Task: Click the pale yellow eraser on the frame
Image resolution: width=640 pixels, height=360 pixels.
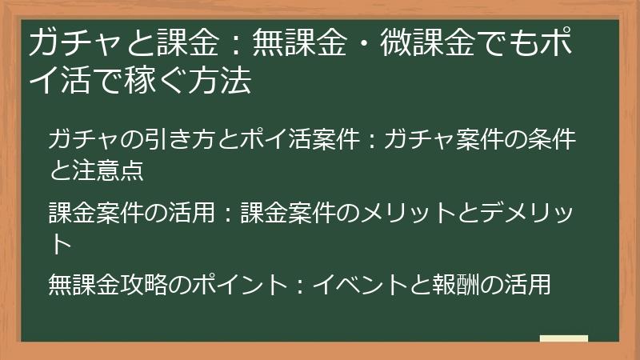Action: point(563,338)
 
